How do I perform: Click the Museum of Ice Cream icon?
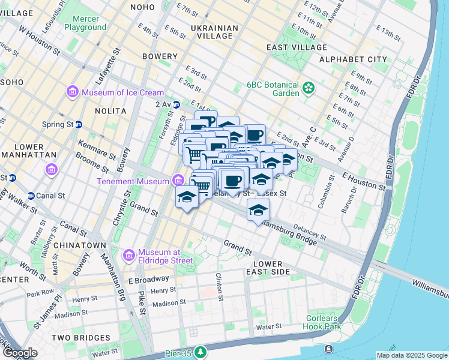[x=73, y=92]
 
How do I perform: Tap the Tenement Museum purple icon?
[x=178, y=180]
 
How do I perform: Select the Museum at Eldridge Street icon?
[x=129, y=256]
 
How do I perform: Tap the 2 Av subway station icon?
[x=176, y=104]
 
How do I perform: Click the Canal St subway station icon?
[x=31, y=196]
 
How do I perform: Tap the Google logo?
[x=20, y=353]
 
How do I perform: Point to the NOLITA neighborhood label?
[x=110, y=111]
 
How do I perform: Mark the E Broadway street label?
[x=148, y=279]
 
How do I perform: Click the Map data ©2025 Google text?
[x=411, y=355]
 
